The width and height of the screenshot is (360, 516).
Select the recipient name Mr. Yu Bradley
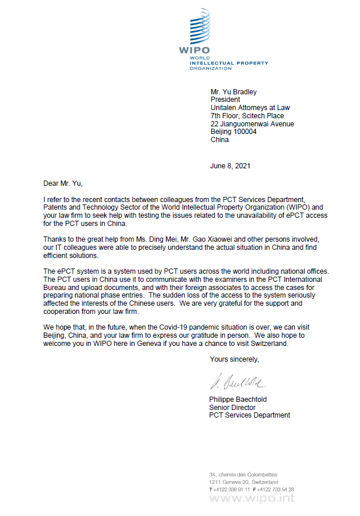point(233,91)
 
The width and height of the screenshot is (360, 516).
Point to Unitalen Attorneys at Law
point(250,108)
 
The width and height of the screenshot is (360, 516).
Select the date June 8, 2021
point(230,166)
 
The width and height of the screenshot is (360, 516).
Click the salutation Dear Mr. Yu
point(63,184)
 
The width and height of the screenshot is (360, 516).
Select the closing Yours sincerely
point(234,359)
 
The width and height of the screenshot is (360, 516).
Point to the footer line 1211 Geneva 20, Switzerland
point(243,482)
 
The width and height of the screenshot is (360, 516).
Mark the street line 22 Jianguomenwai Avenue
point(252,123)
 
